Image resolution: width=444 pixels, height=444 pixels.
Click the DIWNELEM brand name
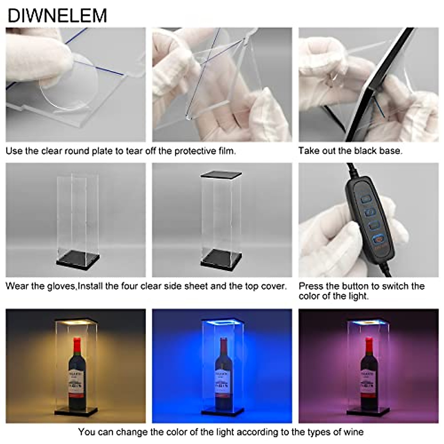[x=57, y=16]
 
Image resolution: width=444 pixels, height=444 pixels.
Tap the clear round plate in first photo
[x=68, y=83]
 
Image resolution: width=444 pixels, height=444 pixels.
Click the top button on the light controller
[x=366, y=199]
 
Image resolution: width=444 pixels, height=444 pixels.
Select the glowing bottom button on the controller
[x=377, y=239]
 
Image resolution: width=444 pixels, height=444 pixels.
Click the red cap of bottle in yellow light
[x=77, y=344]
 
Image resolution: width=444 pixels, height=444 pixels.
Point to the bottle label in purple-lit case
[x=369, y=383]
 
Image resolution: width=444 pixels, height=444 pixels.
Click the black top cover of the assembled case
[x=221, y=174]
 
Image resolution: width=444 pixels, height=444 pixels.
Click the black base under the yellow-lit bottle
[x=76, y=411]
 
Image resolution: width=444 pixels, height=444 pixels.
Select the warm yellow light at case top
[x=76, y=323]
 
